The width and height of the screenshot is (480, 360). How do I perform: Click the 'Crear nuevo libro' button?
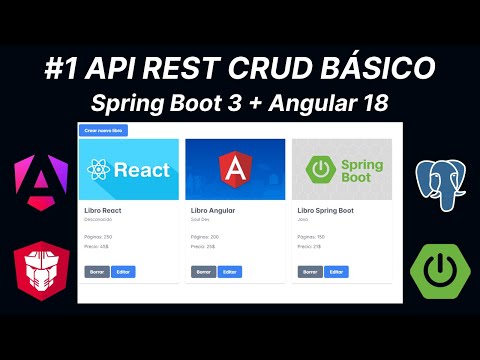pos(103,130)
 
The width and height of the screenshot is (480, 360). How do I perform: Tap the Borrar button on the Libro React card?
pos(96,272)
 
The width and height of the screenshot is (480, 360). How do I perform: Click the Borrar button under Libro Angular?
pos(203,272)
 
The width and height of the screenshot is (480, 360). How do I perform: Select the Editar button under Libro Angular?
pos(229,272)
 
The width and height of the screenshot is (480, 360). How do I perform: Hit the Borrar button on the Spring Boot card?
pos(309,272)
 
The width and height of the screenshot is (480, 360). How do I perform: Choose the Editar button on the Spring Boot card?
pos(336,272)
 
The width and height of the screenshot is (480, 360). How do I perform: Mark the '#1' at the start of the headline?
pos(64,69)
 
